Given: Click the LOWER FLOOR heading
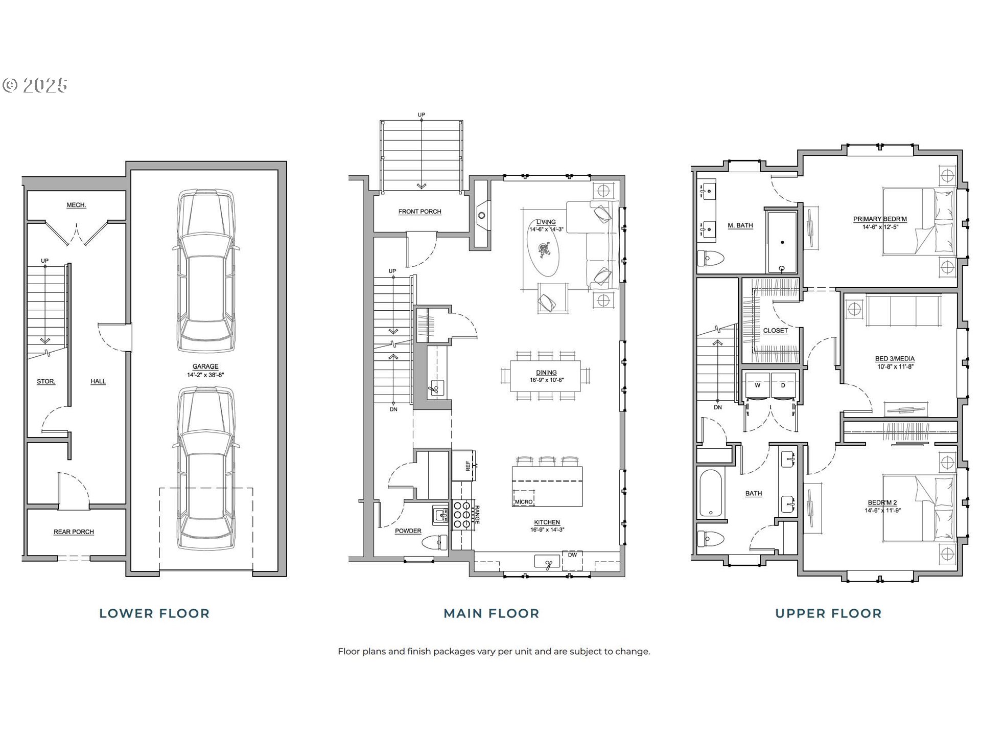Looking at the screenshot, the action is (x=154, y=613).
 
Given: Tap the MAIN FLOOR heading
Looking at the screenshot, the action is (x=492, y=613).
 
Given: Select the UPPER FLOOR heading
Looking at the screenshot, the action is (x=828, y=613).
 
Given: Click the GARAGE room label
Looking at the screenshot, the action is (x=205, y=366).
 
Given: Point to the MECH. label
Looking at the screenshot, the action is (x=76, y=205).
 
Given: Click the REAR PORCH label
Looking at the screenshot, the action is (x=74, y=532).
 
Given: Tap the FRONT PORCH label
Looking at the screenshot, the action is (x=420, y=212).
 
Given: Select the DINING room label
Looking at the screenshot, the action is (x=546, y=373).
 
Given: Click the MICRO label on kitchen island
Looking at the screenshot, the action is (x=524, y=502).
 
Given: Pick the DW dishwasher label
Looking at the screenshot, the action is (x=572, y=555).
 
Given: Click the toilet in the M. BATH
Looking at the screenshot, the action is (x=711, y=258).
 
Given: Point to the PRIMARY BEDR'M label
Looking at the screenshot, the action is (x=880, y=219).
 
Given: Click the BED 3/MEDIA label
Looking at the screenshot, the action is (x=895, y=359).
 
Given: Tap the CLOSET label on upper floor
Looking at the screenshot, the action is (x=776, y=331).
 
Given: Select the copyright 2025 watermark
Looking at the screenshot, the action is (x=35, y=85).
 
